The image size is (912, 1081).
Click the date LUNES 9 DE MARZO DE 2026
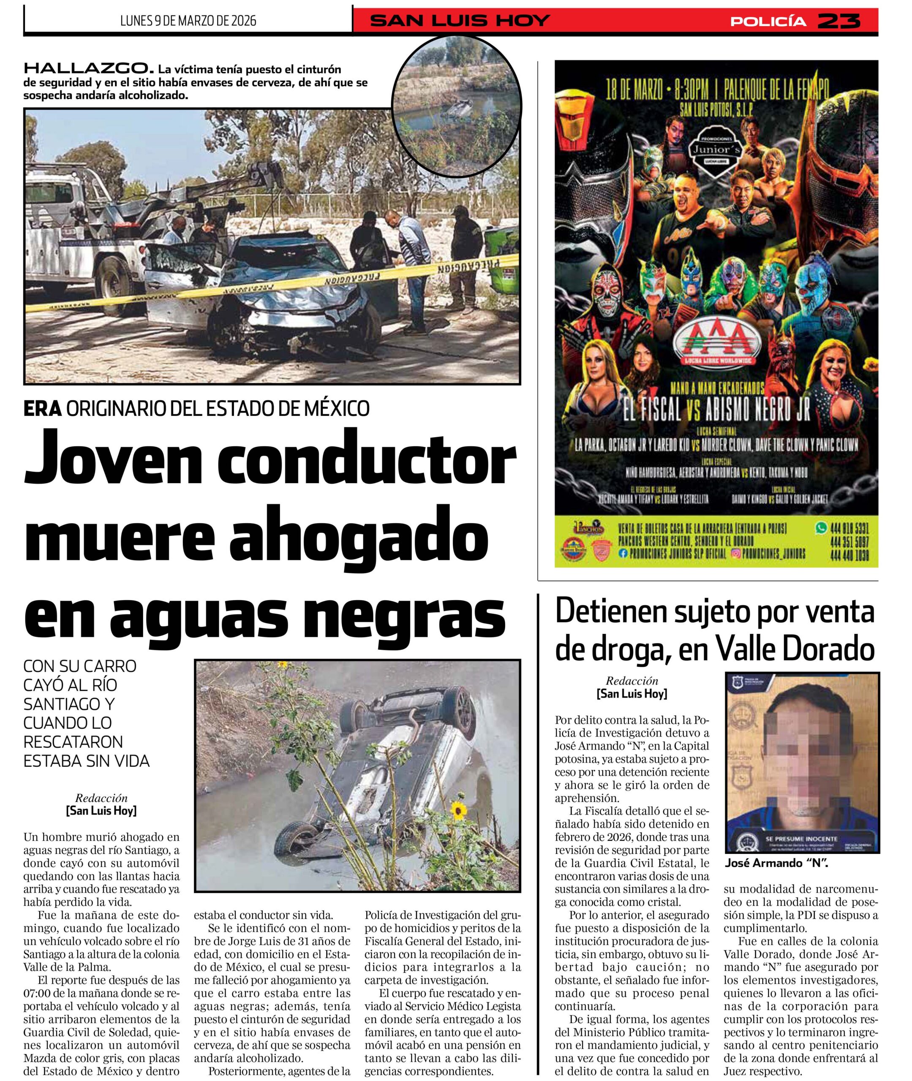tap(188, 21)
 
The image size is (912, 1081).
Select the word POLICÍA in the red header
tap(768, 21)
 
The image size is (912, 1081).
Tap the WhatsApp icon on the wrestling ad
tap(819, 529)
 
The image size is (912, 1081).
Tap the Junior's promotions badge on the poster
tap(716, 150)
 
